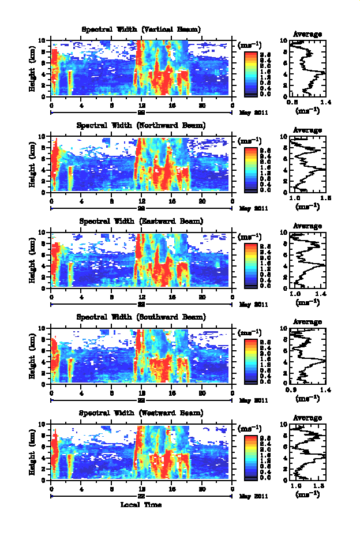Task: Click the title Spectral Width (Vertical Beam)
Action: click(x=141, y=29)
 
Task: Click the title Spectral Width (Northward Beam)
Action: click(x=141, y=125)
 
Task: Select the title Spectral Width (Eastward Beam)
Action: click(x=141, y=221)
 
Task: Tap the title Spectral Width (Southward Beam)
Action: click(x=141, y=317)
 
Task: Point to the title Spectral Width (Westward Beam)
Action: click(x=141, y=413)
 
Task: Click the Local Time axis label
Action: click(x=141, y=505)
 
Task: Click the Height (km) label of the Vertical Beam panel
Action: click(x=33, y=69)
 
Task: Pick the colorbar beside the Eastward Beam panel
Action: click(x=250, y=265)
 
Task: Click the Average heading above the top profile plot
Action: click(x=307, y=34)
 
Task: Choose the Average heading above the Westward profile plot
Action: click(x=307, y=418)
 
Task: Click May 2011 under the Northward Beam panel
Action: click(x=253, y=208)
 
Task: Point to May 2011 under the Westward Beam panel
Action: click(x=253, y=496)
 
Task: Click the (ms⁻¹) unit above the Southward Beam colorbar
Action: click(x=250, y=332)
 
